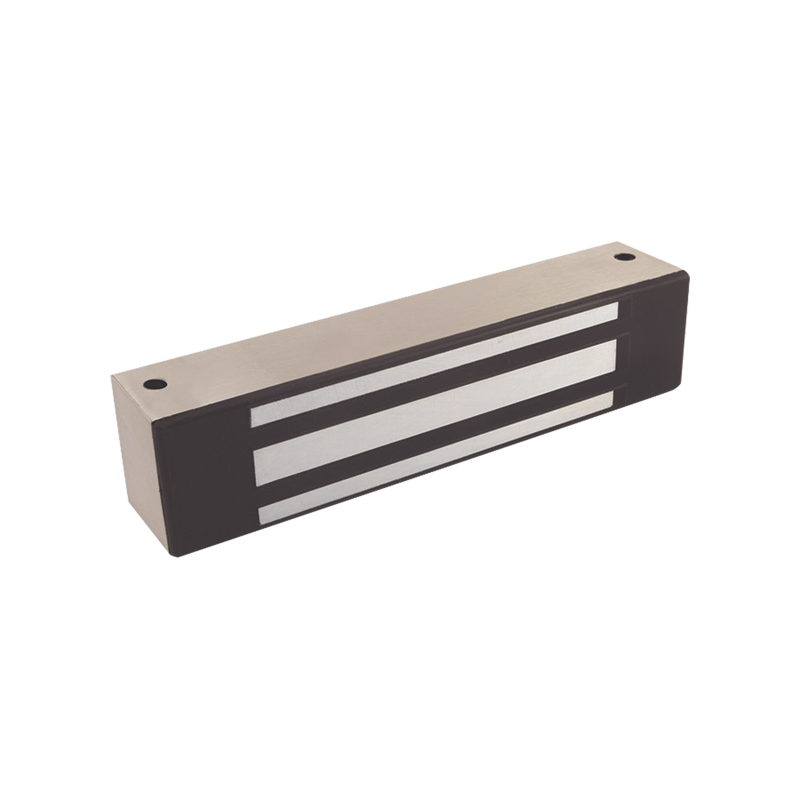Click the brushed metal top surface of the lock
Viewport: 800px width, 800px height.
tap(388, 327)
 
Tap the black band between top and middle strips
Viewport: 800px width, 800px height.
tap(432, 388)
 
